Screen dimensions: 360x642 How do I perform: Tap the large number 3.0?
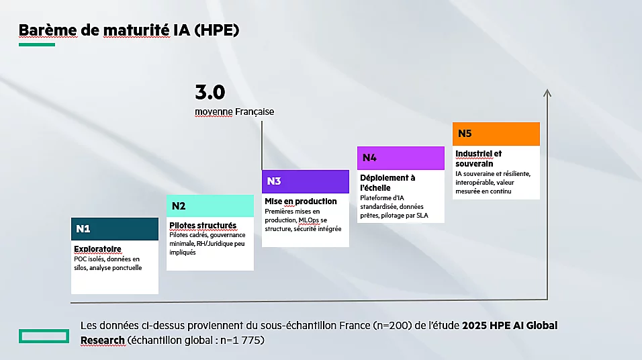tap(210, 93)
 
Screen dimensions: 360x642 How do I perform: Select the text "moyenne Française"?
tap(234, 111)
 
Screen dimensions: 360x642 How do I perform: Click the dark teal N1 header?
tap(115, 228)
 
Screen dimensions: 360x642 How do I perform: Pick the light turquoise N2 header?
tap(210, 206)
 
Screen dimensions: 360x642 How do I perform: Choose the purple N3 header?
tap(306, 181)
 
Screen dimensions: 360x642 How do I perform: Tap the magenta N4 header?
tap(401, 158)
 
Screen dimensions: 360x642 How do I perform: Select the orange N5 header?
tap(496, 134)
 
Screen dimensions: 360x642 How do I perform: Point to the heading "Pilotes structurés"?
tap(203, 226)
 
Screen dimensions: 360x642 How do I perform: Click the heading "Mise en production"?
tap(301, 201)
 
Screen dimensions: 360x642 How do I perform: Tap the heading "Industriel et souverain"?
tap(479, 159)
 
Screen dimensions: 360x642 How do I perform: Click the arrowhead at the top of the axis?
tap(547, 93)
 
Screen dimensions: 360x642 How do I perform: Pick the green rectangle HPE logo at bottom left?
tap(44, 336)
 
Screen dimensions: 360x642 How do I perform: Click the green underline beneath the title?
tap(37, 45)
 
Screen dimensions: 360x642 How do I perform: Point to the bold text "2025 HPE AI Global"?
tap(510, 326)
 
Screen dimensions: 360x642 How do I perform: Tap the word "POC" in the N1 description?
tap(81, 259)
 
